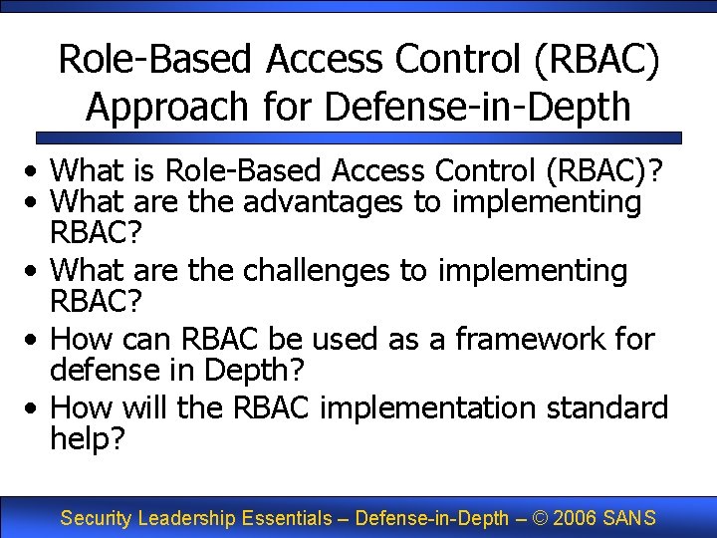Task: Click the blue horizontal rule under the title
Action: pos(358,137)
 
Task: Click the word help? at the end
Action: pos(88,438)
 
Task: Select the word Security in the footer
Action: pos(98,518)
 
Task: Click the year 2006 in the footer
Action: pos(577,518)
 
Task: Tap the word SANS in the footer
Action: pos(630,518)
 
